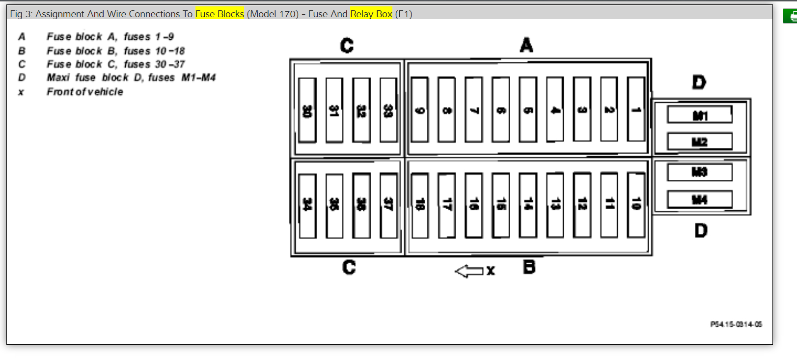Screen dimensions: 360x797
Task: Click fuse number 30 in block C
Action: (307, 110)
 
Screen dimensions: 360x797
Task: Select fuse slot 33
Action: (388, 110)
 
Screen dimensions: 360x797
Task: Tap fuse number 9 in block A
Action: (420, 110)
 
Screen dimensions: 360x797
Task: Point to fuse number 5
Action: (528, 110)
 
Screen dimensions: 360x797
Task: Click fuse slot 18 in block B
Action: (420, 205)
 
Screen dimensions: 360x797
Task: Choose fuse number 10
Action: (636, 205)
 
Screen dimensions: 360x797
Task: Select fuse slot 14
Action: (528, 205)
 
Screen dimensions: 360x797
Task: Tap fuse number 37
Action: (388, 205)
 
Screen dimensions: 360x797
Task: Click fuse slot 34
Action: (307, 205)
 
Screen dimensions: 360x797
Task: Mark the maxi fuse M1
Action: (700, 115)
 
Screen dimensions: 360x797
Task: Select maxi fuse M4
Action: (700, 199)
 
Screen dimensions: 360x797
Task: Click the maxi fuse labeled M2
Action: (700, 142)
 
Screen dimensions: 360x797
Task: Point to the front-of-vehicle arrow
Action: (469, 271)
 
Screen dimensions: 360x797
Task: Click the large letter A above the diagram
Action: (526, 45)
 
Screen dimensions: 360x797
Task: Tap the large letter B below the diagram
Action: (529, 267)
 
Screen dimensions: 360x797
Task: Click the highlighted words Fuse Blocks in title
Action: (220, 14)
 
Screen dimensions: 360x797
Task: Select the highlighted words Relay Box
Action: (371, 14)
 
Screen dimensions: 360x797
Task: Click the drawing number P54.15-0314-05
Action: (736, 324)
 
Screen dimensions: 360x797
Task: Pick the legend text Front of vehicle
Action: (85, 92)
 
